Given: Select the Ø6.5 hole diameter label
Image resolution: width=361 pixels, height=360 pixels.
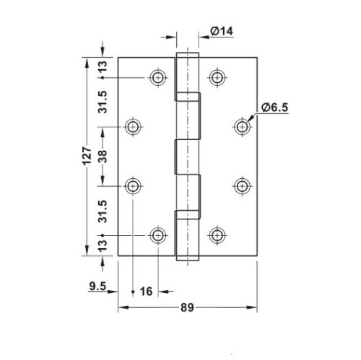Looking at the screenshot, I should (275, 107).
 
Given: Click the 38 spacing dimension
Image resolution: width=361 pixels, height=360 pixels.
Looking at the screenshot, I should (103, 157).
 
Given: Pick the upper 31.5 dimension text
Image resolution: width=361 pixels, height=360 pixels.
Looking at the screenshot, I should (103, 102).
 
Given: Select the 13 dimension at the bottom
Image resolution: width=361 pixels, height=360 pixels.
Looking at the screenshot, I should (103, 245).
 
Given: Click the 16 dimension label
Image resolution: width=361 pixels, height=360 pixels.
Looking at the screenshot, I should (146, 291).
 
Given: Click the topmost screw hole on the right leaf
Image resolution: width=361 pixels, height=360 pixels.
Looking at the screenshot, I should (215, 77).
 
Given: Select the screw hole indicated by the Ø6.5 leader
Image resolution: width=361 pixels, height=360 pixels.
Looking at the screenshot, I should (242, 127).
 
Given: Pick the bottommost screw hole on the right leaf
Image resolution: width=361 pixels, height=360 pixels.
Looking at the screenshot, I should (215, 235).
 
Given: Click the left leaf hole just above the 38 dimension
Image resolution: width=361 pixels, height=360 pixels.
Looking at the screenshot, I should (133, 127).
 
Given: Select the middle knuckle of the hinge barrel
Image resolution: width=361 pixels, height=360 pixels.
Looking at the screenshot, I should (187, 157).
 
